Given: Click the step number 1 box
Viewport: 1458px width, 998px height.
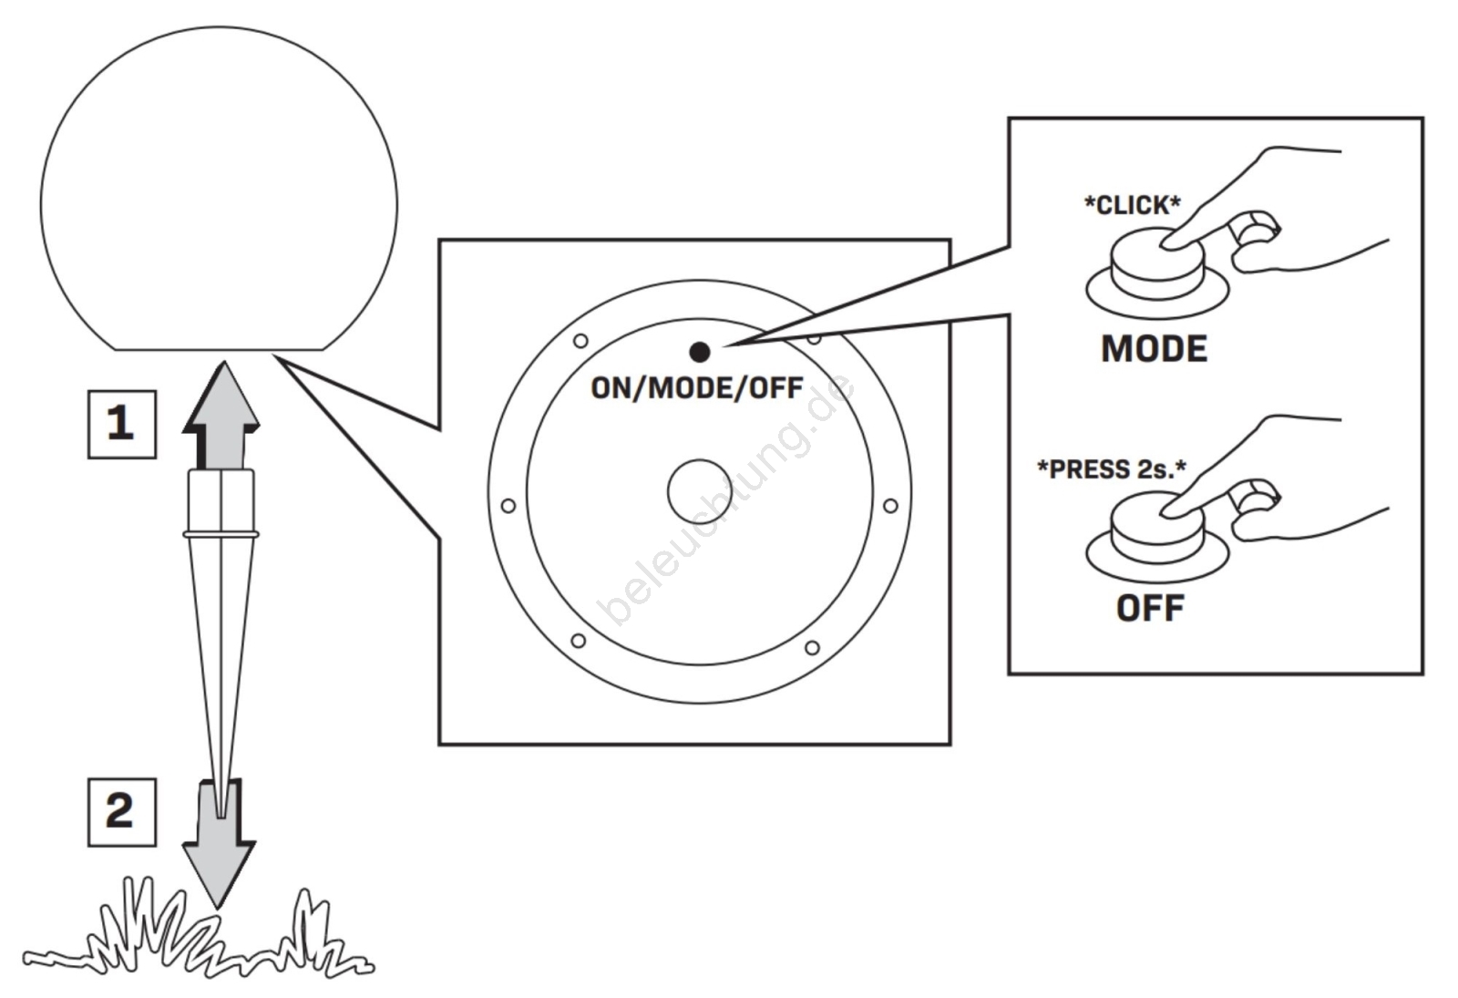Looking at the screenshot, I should tap(121, 424).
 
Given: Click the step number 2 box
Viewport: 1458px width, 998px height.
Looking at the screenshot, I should tap(121, 811).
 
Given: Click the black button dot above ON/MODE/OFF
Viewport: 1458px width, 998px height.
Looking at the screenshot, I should tap(700, 352).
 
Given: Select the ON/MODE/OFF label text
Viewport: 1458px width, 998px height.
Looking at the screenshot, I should tap(697, 388).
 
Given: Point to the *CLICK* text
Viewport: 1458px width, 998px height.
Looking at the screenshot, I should tap(1132, 205).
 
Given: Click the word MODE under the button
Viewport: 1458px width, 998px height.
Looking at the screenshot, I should tap(1154, 349).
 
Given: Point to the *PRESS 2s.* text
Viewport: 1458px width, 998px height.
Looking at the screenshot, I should tap(1112, 469).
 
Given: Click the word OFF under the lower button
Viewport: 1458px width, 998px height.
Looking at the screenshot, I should tap(1150, 608).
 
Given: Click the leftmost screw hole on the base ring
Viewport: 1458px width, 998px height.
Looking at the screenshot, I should tap(508, 506).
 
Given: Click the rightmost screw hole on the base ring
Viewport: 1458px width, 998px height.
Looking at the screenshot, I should tap(890, 506).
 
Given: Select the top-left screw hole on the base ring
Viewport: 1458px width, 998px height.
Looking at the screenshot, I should tap(580, 341).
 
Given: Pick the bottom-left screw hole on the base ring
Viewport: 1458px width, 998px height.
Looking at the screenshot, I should tap(578, 641).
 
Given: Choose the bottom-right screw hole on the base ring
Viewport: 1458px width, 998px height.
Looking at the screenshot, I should tap(812, 648).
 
